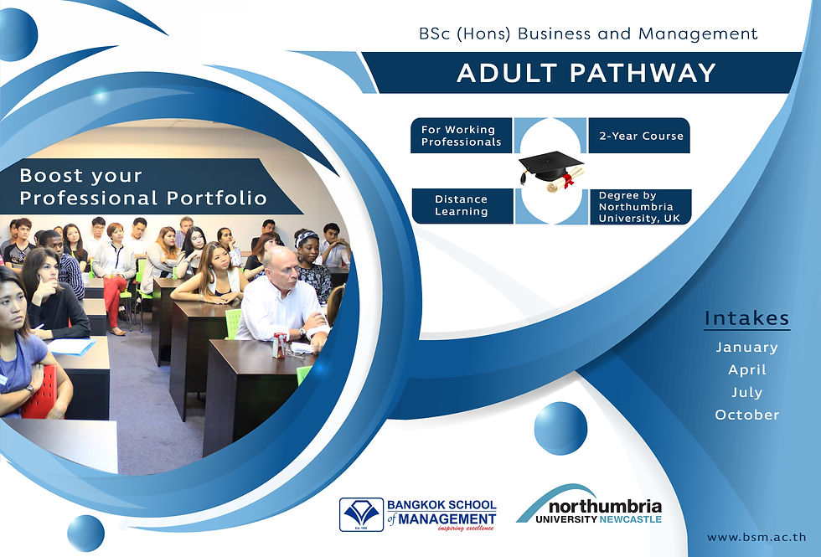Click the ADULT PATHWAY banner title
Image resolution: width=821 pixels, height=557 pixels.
586,73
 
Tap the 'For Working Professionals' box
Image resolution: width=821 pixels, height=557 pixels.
461,136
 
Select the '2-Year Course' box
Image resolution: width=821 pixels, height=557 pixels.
639,136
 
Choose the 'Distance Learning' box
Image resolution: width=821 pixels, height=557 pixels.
462,206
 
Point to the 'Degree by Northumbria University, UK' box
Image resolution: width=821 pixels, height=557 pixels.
640,207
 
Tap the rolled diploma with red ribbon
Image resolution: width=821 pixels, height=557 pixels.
565,179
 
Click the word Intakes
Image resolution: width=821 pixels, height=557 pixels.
746,317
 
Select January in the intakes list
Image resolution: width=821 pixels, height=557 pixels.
746,347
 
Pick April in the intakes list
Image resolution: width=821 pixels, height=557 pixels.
747,369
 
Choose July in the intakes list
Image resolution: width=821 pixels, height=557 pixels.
747,392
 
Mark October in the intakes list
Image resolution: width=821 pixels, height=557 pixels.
747,415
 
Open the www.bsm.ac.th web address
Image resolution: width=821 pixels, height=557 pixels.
756,537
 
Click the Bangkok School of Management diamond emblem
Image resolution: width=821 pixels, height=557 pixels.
361,514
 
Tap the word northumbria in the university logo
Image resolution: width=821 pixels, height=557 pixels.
605,507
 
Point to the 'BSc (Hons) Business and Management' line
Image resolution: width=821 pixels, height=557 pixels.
588,34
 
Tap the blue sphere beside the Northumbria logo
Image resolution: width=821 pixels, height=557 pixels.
560,428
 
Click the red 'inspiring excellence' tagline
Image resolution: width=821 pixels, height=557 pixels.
466,529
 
